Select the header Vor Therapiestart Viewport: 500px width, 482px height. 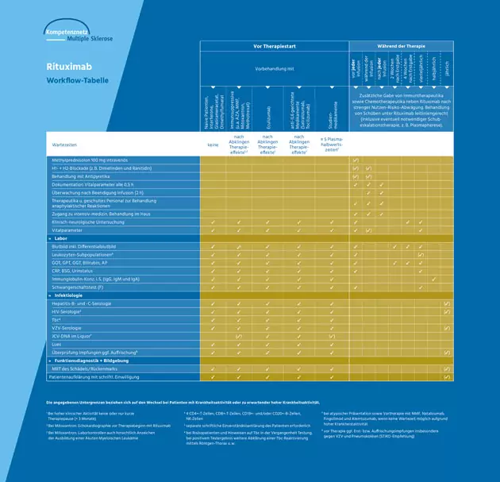[x=274, y=47]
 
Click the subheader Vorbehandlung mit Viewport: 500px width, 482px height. [x=273, y=68]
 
